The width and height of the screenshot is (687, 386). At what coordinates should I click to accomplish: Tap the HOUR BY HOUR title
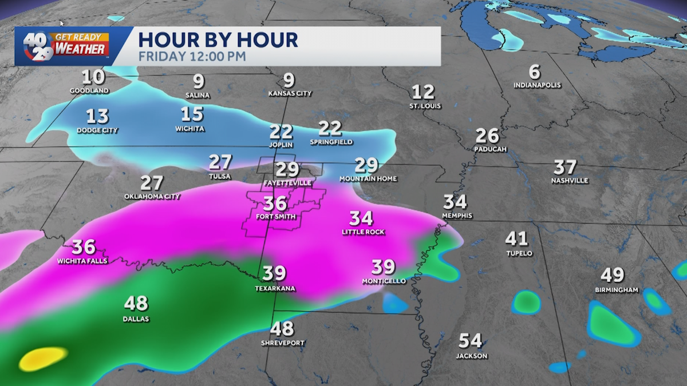click(x=218, y=40)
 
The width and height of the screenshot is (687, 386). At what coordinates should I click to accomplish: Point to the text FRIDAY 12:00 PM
click(x=192, y=57)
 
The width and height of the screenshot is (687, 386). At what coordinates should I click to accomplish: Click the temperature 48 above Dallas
click(x=136, y=303)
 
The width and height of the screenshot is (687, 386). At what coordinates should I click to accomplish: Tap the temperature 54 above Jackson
click(x=471, y=341)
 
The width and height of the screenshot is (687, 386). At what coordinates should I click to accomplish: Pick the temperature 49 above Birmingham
click(x=612, y=275)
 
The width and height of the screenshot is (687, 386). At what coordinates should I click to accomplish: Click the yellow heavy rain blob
click(x=43, y=359)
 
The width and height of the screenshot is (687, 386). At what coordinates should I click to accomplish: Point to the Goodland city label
click(x=89, y=91)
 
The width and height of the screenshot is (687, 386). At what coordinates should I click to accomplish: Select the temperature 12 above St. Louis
click(x=424, y=91)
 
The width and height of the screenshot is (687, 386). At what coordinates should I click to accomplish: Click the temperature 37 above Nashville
click(x=564, y=167)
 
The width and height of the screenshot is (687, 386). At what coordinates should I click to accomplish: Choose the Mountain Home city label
click(x=368, y=179)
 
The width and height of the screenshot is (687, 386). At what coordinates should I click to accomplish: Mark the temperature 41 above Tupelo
click(x=516, y=238)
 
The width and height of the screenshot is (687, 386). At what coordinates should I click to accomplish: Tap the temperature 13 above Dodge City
click(x=97, y=116)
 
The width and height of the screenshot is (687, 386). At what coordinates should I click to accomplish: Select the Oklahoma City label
click(x=152, y=197)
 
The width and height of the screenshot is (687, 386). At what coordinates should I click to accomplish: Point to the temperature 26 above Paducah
click(x=487, y=136)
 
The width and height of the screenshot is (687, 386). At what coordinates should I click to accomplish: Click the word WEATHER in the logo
click(x=81, y=49)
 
